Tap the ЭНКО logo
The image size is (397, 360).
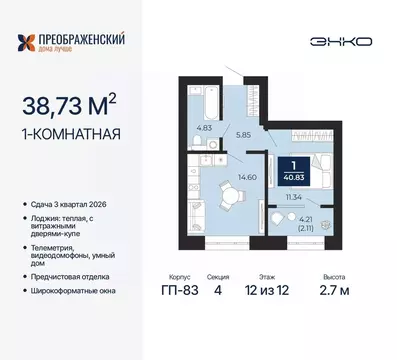(x=342, y=41)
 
